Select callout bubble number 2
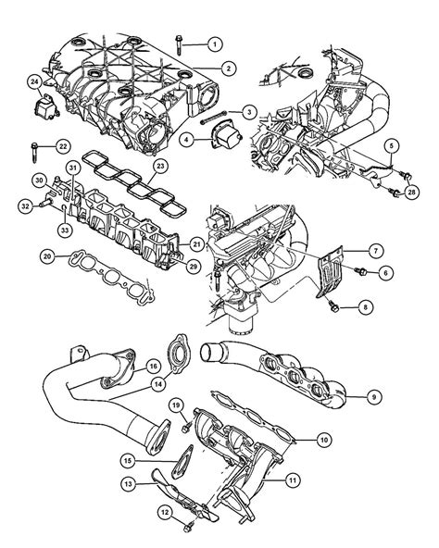coord(228,67)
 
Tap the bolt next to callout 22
coord(34,146)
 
